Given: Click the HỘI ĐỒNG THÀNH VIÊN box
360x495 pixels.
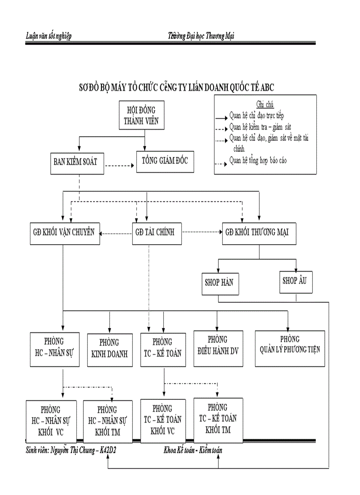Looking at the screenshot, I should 142,115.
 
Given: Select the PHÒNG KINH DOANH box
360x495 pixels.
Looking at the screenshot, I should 109,348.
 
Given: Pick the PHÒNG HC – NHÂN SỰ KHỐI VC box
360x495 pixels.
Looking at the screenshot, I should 51,421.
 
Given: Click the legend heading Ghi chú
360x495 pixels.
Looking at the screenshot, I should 265,104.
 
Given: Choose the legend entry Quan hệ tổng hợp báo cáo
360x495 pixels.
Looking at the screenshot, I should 258,160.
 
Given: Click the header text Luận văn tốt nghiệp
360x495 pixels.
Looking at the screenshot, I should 49,36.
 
